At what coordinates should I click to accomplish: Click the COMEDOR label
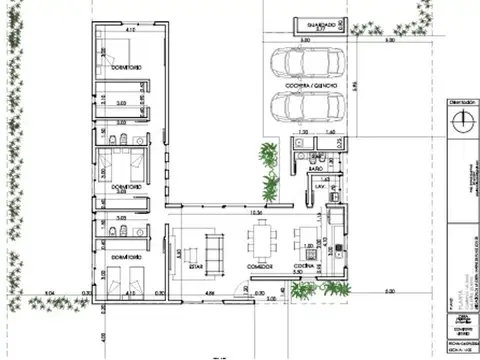pyautogui.click(x=261, y=267)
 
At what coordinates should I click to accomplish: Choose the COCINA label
pyautogui.click(x=305, y=267)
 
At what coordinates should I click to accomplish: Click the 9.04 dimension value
pyautogui.click(x=48, y=292)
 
